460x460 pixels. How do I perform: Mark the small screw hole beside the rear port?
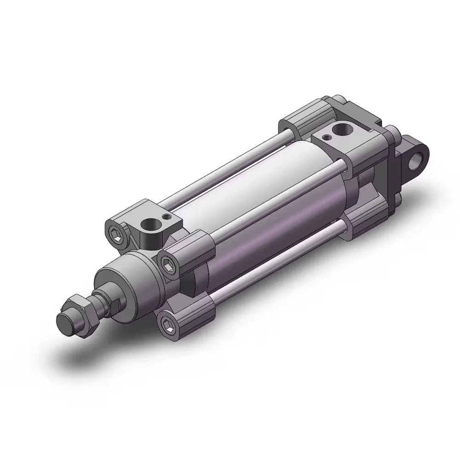click(326, 137)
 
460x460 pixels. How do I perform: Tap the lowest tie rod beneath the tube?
click(276, 257)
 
